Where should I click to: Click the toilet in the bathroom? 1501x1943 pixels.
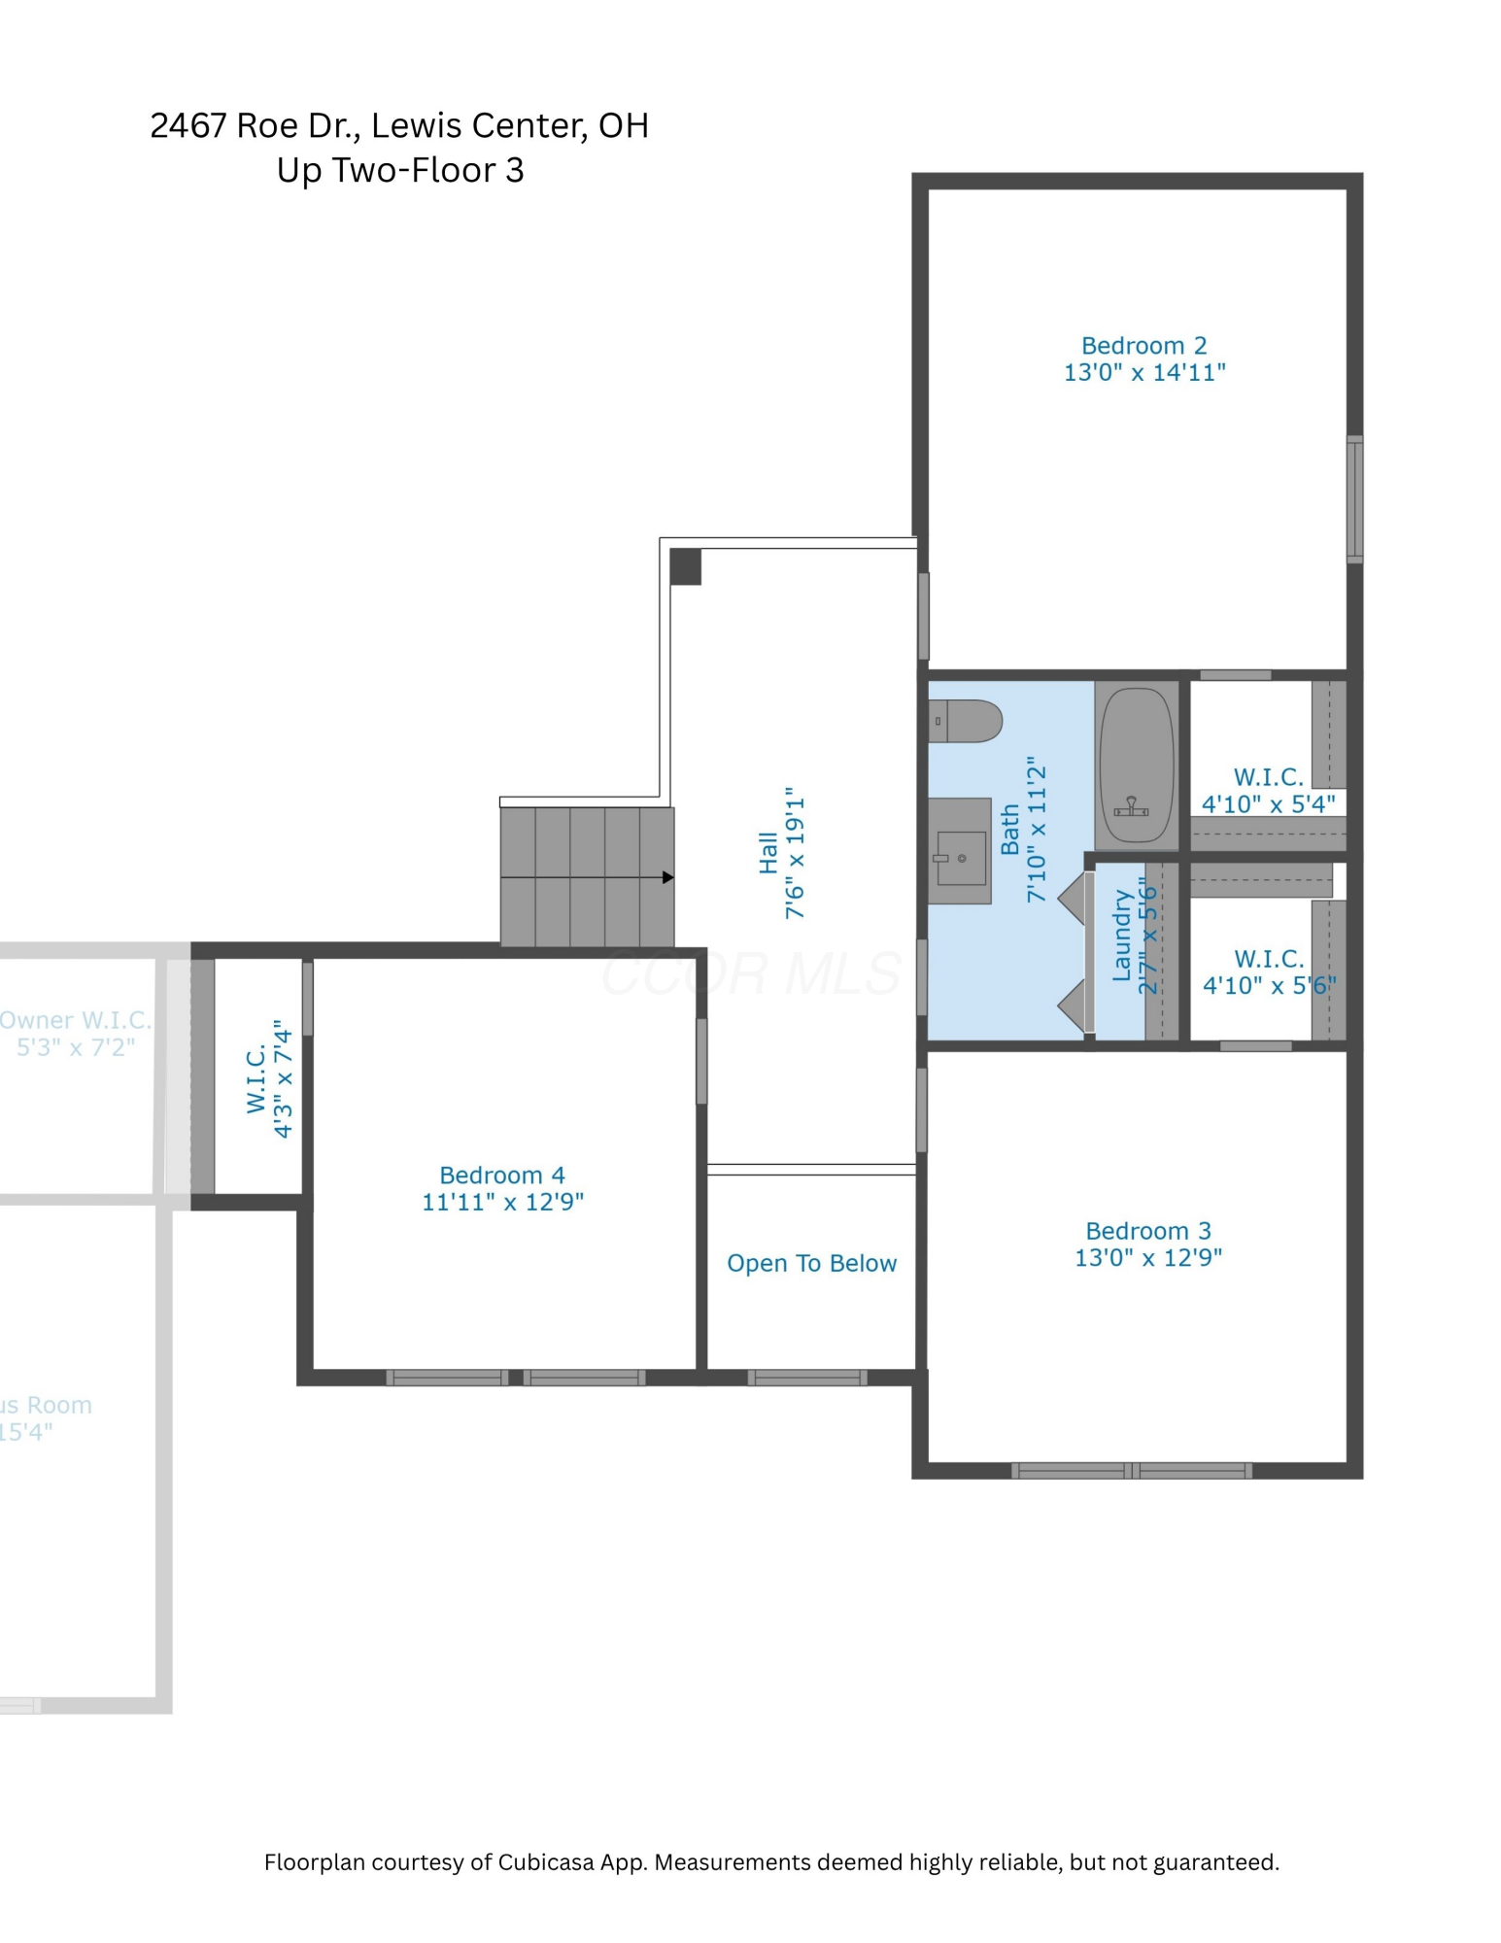pyautogui.click(x=965, y=721)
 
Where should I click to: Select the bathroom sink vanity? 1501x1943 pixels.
pyautogui.click(x=959, y=851)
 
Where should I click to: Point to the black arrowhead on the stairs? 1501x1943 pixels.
pyautogui.click(x=667, y=877)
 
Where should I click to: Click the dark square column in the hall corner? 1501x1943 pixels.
pyautogui.click(x=685, y=566)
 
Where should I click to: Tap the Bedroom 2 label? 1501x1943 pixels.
pyautogui.click(x=1143, y=346)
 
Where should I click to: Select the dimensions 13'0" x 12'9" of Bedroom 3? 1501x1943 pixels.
pyautogui.click(x=1147, y=1257)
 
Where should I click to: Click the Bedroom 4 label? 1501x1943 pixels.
pyautogui.click(x=501, y=1175)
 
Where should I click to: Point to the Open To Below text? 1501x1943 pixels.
pyautogui.click(x=811, y=1263)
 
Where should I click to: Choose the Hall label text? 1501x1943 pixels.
pyautogui.click(x=768, y=852)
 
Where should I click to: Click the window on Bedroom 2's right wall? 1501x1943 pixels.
pyautogui.click(x=1354, y=499)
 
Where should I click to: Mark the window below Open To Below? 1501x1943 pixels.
pyautogui.click(x=807, y=1377)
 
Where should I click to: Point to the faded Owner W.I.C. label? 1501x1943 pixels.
pyautogui.click(x=76, y=1020)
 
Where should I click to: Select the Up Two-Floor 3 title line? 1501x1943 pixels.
pyautogui.click(x=400, y=170)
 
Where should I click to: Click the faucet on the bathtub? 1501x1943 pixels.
pyautogui.click(x=1131, y=807)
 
